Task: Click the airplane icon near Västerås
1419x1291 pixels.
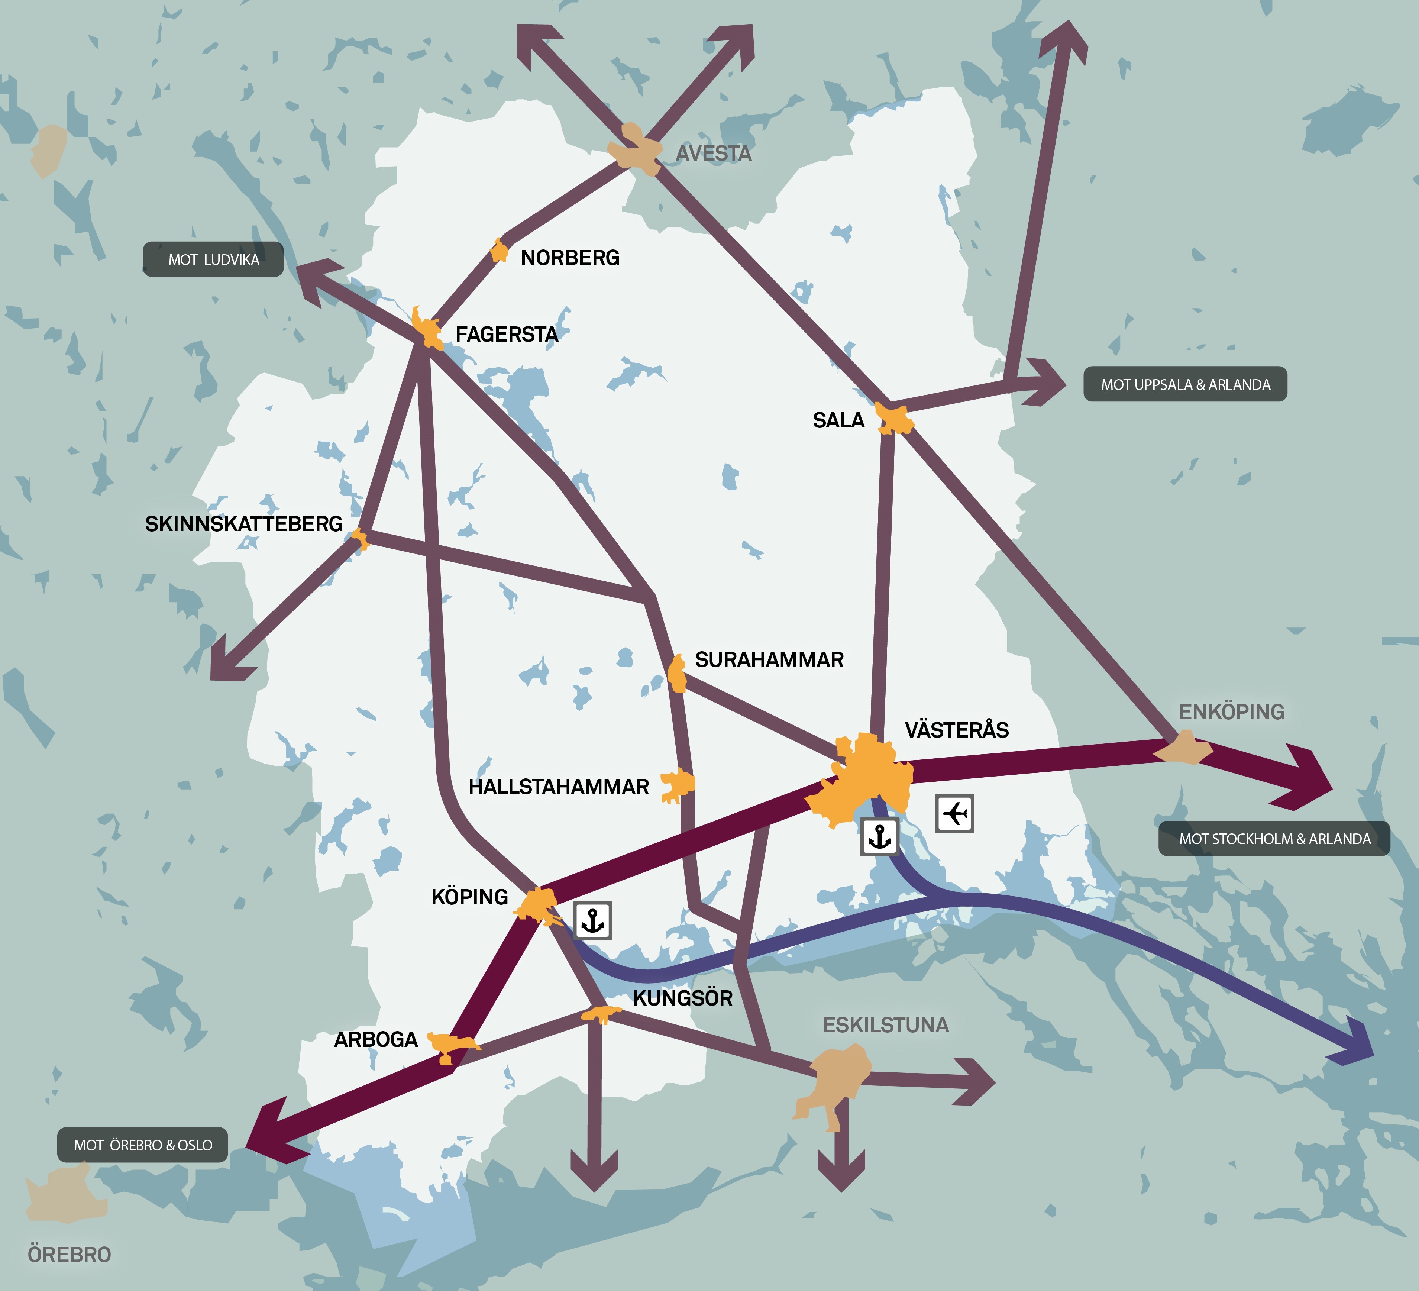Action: point(954,814)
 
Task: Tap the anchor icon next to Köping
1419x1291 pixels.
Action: point(593,920)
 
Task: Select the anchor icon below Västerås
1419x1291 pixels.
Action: point(879,837)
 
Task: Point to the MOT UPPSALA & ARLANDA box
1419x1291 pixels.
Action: point(1185,384)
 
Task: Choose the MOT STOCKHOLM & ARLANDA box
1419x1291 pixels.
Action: point(1274,838)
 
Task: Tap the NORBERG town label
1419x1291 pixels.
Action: point(570,258)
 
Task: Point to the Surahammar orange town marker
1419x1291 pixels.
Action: point(677,674)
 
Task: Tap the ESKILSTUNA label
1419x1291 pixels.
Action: point(885,1025)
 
